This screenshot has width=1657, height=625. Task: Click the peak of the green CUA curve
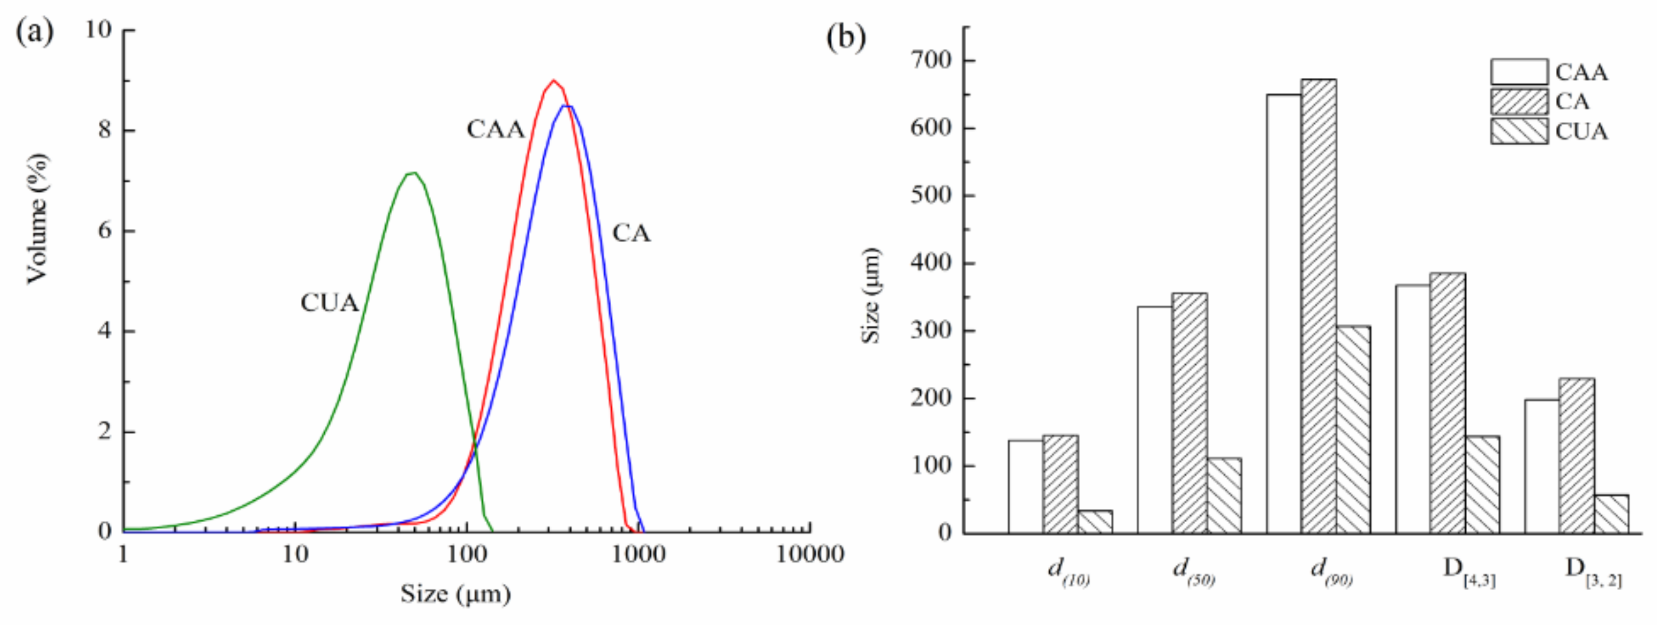pyautogui.click(x=413, y=173)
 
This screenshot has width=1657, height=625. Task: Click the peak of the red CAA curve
pyautogui.click(x=554, y=81)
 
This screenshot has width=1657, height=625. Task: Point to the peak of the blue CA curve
pyautogui.click(x=566, y=106)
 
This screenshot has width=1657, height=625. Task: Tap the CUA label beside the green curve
pyautogui.click(x=329, y=303)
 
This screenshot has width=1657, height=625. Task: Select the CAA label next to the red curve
pyautogui.click(x=495, y=130)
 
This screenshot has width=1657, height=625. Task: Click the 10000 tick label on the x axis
pyautogui.click(x=809, y=554)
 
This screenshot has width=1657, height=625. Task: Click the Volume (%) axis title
pyautogui.click(x=37, y=218)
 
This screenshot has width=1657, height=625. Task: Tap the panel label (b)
pyautogui.click(x=846, y=37)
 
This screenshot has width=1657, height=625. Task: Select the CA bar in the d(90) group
pyautogui.click(x=1318, y=306)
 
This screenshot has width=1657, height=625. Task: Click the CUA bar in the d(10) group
pyautogui.click(x=1095, y=522)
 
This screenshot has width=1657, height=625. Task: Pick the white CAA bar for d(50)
pyautogui.click(x=1154, y=419)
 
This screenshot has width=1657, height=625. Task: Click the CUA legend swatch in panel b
pyautogui.click(x=1519, y=131)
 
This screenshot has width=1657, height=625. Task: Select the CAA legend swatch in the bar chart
pyautogui.click(x=1519, y=72)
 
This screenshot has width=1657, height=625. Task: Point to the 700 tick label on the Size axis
pyautogui.click(x=930, y=60)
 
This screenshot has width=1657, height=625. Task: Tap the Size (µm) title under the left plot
pyautogui.click(x=456, y=594)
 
